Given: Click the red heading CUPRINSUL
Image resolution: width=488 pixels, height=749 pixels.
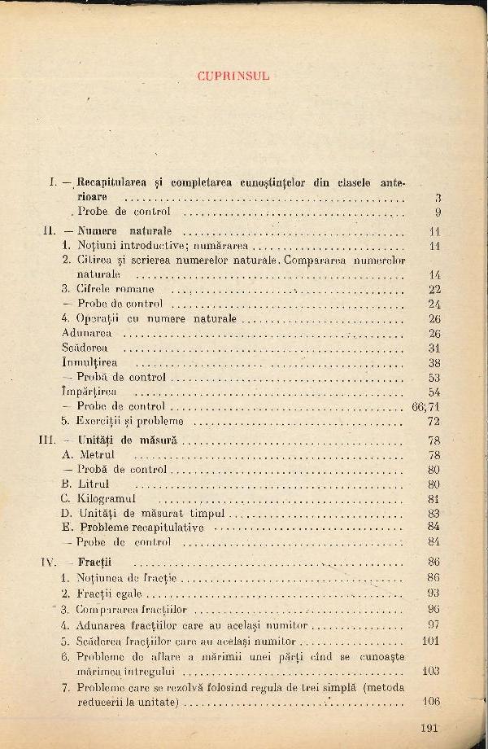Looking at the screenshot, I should point(233,76).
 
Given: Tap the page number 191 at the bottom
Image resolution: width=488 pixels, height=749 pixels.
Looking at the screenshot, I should point(428,728).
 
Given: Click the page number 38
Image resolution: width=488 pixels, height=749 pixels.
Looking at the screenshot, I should point(434,362).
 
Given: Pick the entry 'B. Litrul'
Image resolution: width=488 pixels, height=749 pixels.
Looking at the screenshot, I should point(87,484).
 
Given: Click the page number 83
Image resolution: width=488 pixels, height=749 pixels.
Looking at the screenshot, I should point(434,514).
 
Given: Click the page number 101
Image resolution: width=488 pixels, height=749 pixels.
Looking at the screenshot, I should point(431,640).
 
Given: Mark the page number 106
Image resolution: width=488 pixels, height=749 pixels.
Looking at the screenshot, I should point(431,702).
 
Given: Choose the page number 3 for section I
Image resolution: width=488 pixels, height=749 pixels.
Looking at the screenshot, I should point(438,198).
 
